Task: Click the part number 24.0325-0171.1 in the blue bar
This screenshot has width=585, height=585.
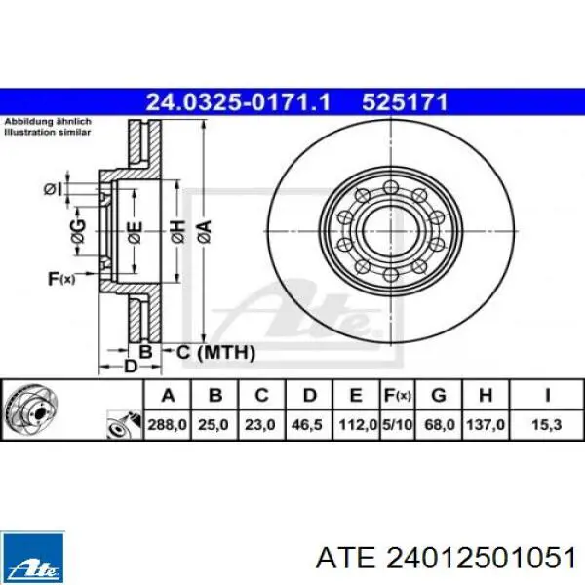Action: click(238, 101)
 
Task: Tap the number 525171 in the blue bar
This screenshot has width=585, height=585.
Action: click(405, 101)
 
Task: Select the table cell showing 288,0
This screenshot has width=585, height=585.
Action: click(168, 425)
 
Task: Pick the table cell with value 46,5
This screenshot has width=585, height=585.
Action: click(307, 425)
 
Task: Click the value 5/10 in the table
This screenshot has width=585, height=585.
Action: click(398, 425)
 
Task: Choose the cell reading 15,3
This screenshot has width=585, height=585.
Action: click(547, 425)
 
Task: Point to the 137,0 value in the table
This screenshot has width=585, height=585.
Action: click(486, 425)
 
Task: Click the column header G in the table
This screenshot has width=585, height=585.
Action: click(439, 395)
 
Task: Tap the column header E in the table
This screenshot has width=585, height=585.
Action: click(356, 395)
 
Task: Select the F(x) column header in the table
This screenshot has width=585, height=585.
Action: click(398, 395)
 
